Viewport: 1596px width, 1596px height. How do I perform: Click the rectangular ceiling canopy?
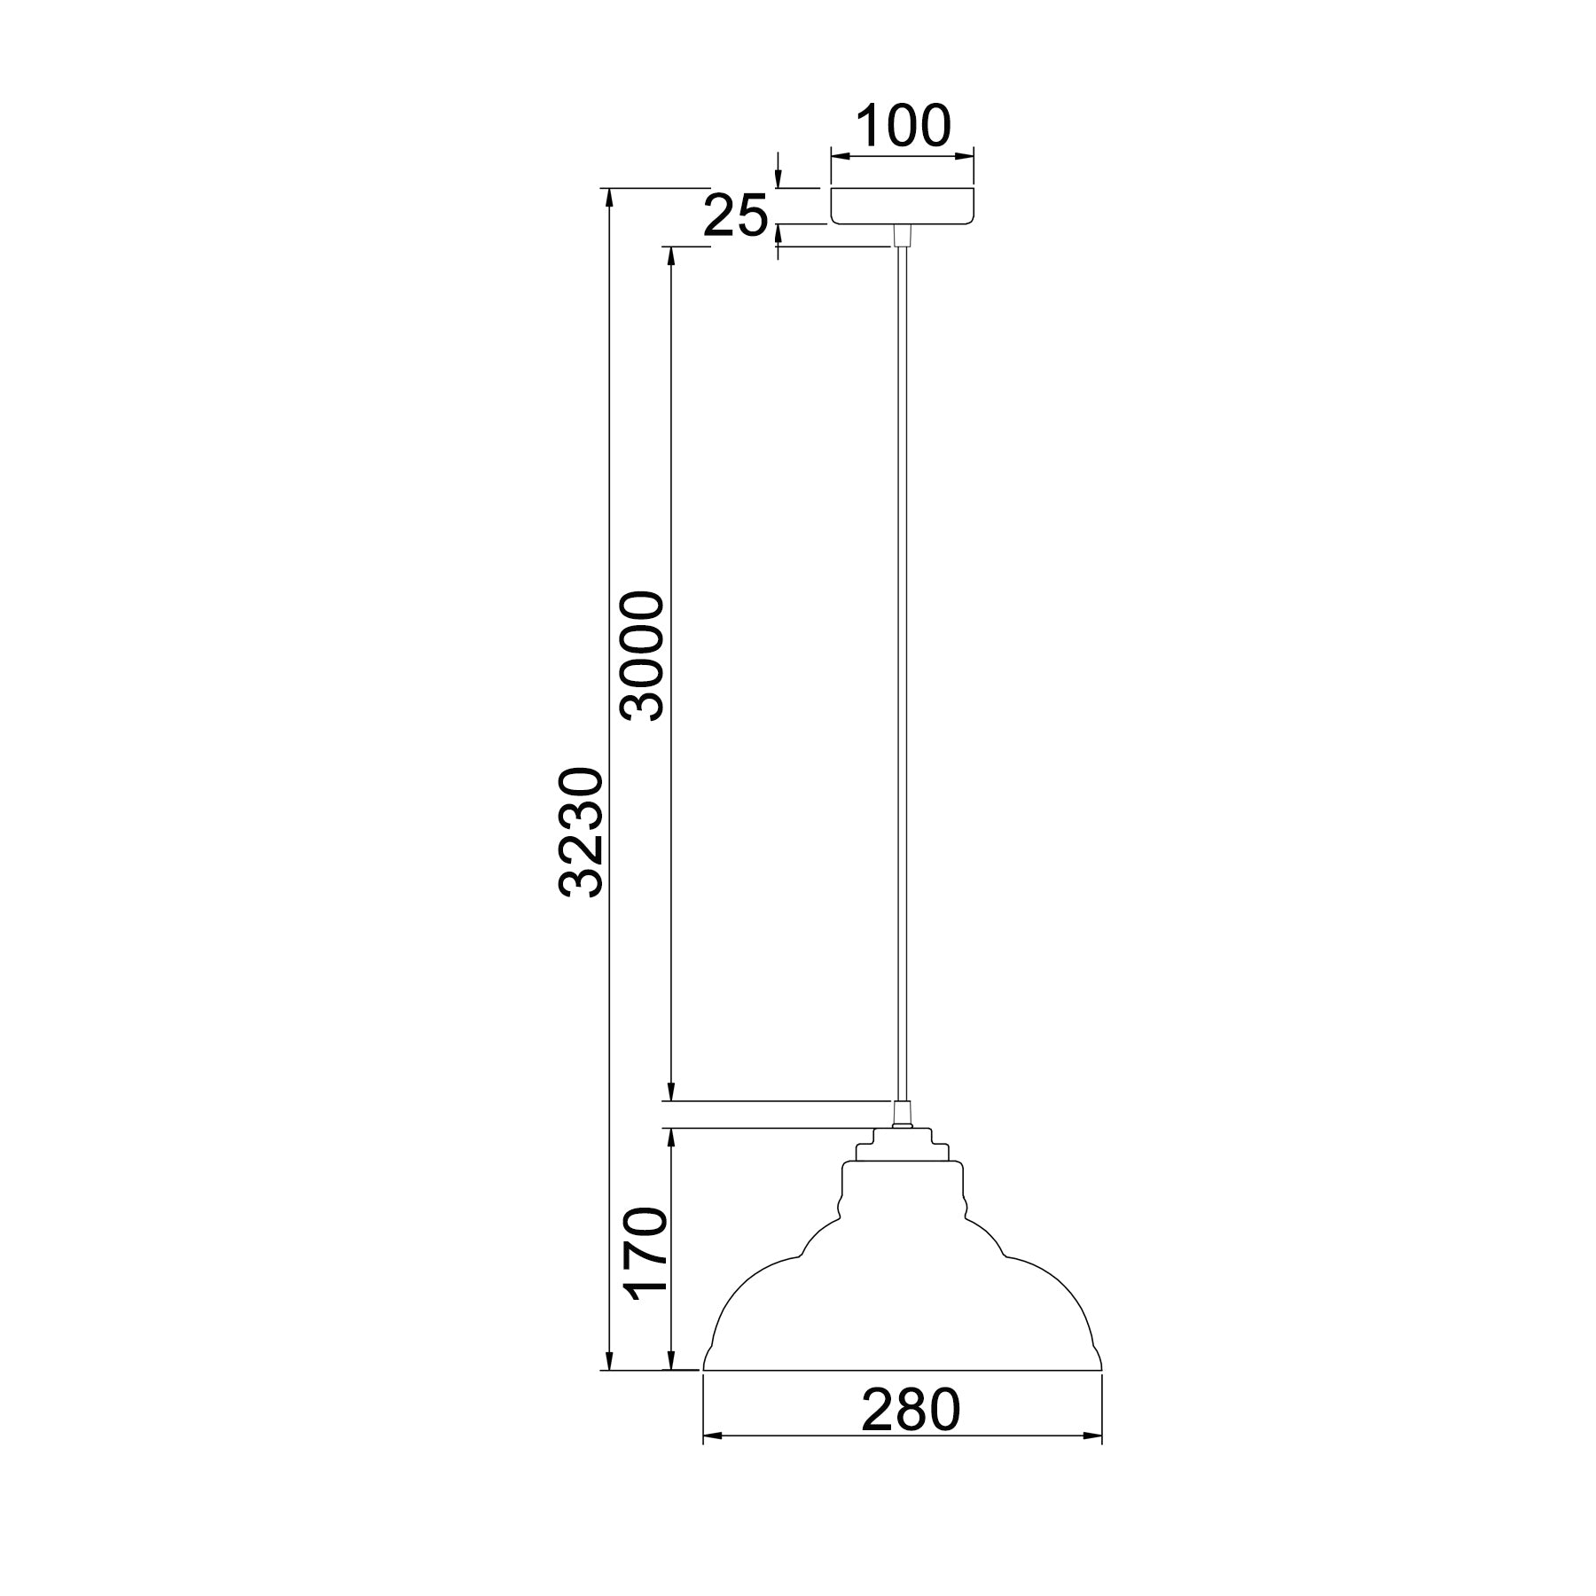click(x=903, y=206)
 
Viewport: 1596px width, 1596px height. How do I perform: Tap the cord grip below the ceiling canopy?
click(x=902, y=236)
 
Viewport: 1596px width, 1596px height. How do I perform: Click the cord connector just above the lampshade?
click(x=902, y=1114)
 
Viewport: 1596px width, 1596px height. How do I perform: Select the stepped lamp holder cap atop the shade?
click(x=902, y=1145)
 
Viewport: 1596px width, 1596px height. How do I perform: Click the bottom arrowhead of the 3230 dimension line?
click(x=608, y=1384)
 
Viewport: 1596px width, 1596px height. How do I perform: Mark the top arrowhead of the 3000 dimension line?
click(x=671, y=256)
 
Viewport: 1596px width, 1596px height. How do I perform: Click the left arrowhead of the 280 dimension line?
click(x=713, y=1459)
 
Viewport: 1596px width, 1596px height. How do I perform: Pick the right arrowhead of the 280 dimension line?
click(x=1091, y=1459)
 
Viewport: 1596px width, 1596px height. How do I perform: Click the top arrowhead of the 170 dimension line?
click(x=671, y=1138)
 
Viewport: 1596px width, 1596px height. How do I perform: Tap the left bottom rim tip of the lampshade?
click(x=704, y=1392)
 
